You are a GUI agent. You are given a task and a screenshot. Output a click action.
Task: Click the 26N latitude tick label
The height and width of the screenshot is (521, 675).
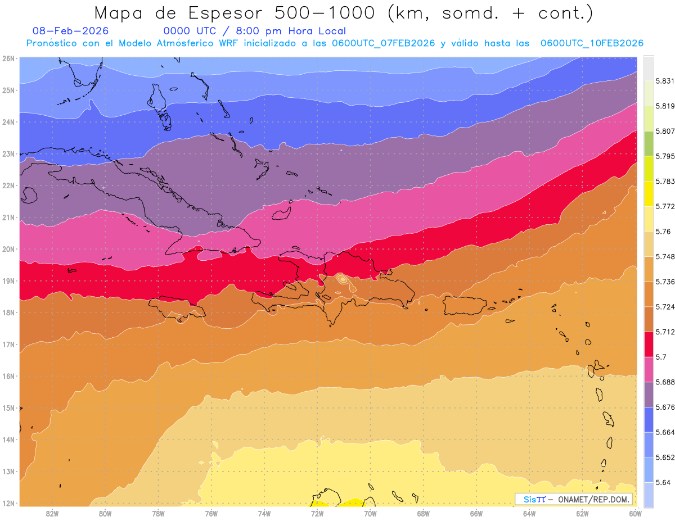[x=8, y=58]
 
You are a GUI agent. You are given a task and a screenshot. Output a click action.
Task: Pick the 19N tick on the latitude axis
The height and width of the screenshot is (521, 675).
[x=8, y=281]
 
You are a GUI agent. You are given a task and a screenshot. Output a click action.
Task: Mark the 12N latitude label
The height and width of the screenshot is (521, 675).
[x=8, y=503]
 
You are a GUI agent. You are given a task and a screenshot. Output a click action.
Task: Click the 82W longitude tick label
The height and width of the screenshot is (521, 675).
[x=52, y=513]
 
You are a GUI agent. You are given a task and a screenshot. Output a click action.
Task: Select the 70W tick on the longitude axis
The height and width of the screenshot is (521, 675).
[x=370, y=513]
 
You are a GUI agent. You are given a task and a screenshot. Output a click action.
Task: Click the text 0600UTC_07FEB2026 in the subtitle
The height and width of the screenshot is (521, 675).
[x=383, y=43]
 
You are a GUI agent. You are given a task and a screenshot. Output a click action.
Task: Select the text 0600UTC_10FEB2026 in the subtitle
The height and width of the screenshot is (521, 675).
[x=592, y=43]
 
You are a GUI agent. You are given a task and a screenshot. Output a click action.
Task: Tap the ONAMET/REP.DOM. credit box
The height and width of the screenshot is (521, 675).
[x=573, y=499]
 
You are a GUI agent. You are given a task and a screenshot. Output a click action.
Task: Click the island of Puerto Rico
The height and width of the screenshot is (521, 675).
[x=465, y=305]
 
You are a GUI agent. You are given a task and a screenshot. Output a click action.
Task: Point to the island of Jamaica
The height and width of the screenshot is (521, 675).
[x=174, y=308]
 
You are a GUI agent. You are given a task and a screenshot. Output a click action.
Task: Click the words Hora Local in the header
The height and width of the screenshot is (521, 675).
[x=317, y=31]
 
